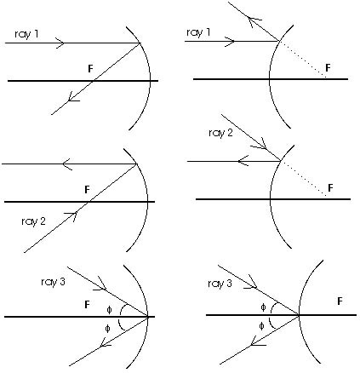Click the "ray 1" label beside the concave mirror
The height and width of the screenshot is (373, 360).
[26, 34]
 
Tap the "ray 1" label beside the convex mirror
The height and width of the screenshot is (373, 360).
[198, 32]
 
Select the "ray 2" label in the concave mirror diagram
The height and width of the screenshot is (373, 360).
[33, 221]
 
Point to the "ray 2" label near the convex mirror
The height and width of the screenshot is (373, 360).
[220, 133]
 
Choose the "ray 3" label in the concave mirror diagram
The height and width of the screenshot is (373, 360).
[53, 282]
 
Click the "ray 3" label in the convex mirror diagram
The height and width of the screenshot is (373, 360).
[220, 284]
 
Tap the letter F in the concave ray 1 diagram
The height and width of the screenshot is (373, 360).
[90, 69]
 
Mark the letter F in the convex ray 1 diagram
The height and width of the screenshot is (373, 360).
[328, 67]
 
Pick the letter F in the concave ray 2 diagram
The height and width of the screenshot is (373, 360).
[87, 189]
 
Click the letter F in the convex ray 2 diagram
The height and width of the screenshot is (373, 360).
[330, 187]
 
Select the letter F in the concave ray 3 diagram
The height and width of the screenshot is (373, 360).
[87, 305]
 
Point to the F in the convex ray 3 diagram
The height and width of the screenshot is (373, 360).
[340, 301]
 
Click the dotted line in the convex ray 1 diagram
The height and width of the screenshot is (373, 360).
[303, 60]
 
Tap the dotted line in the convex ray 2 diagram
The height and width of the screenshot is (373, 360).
[304, 179]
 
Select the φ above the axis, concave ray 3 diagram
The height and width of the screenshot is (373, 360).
[109, 310]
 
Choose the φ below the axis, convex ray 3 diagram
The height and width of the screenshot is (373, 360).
[261, 326]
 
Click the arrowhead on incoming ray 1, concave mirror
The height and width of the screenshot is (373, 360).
[60, 43]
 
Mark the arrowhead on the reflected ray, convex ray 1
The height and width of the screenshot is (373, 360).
[254, 21]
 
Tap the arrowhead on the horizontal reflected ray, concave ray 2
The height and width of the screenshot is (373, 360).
[67, 164]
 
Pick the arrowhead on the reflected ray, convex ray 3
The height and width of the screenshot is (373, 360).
[257, 341]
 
